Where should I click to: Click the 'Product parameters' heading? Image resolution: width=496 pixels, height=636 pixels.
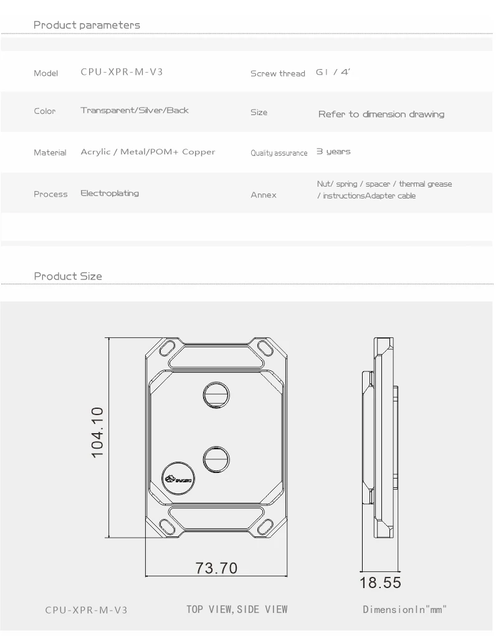tap(87, 25)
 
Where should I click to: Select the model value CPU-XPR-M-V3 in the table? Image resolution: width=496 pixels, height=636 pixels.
tap(122, 72)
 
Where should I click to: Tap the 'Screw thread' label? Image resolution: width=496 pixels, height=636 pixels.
tap(277, 73)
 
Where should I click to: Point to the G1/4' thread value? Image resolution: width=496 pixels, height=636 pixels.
tap(333, 72)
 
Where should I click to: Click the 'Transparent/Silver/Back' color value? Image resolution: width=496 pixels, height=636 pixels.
tap(135, 110)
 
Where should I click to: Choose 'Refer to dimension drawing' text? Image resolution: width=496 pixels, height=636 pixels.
tap(381, 115)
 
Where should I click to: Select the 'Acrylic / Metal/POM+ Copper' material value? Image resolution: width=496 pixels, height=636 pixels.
tap(148, 152)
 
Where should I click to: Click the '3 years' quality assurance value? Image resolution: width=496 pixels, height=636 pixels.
tap(333, 152)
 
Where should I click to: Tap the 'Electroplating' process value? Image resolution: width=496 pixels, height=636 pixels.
tap(110, 194)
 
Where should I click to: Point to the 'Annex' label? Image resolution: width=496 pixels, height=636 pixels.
tap(263, 195)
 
